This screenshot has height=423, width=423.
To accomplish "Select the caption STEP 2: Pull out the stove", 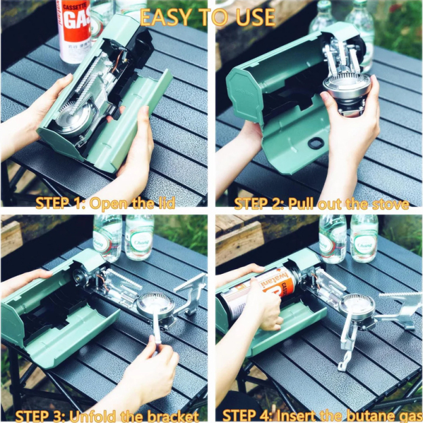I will [x=321, y=203].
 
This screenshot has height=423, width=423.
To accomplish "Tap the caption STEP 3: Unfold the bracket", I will [x=106, y=415].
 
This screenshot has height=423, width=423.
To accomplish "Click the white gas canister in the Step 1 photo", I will [x=73, y=31].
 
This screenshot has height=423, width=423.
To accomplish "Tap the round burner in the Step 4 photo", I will [x=357, y=306].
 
